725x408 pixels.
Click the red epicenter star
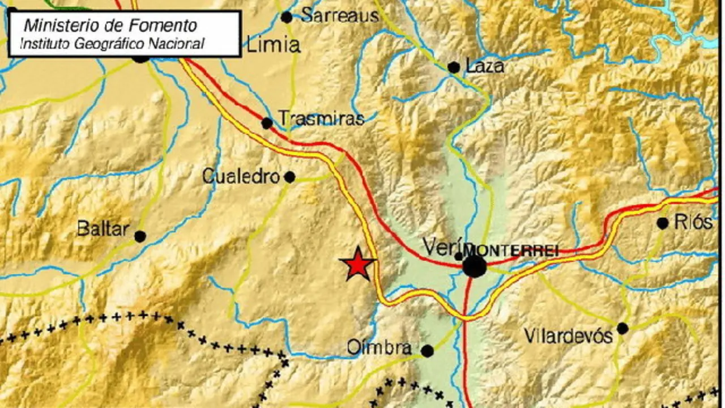(x=357, y=264)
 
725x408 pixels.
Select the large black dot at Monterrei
(x=475, y=266)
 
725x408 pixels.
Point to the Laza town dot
(x=454, y=67)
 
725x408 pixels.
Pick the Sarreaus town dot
(x=287, y=17)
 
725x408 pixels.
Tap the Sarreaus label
(x=339, y=15)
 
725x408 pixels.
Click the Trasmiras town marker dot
(x=267, y=123)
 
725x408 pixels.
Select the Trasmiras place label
(x=321, y=119)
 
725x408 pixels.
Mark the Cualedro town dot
(x=289, y=177)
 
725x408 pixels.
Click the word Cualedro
(x=241, y=177)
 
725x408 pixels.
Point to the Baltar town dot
(x=140, y=236)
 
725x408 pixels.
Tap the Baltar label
(x=103, y=229)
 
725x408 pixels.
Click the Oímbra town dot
(x=427, y=351)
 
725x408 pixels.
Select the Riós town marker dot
(x=663, y=223)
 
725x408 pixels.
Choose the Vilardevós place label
(x=568, y=336)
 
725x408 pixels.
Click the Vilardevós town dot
(x=622, y=328)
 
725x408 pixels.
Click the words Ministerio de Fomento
(x=110, y=25)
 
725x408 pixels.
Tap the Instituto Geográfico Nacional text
(x=112, y=44)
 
